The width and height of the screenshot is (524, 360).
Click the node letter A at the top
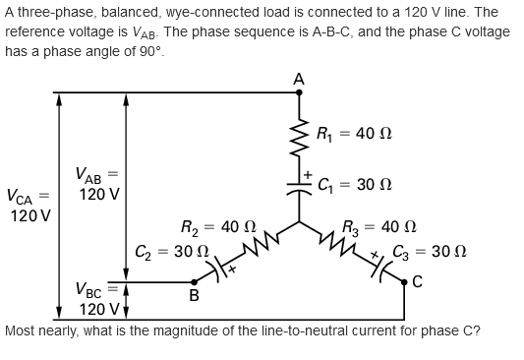[299, 79]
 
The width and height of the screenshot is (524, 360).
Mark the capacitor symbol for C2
[220, 268]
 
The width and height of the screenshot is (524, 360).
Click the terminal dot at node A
[300, 93]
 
